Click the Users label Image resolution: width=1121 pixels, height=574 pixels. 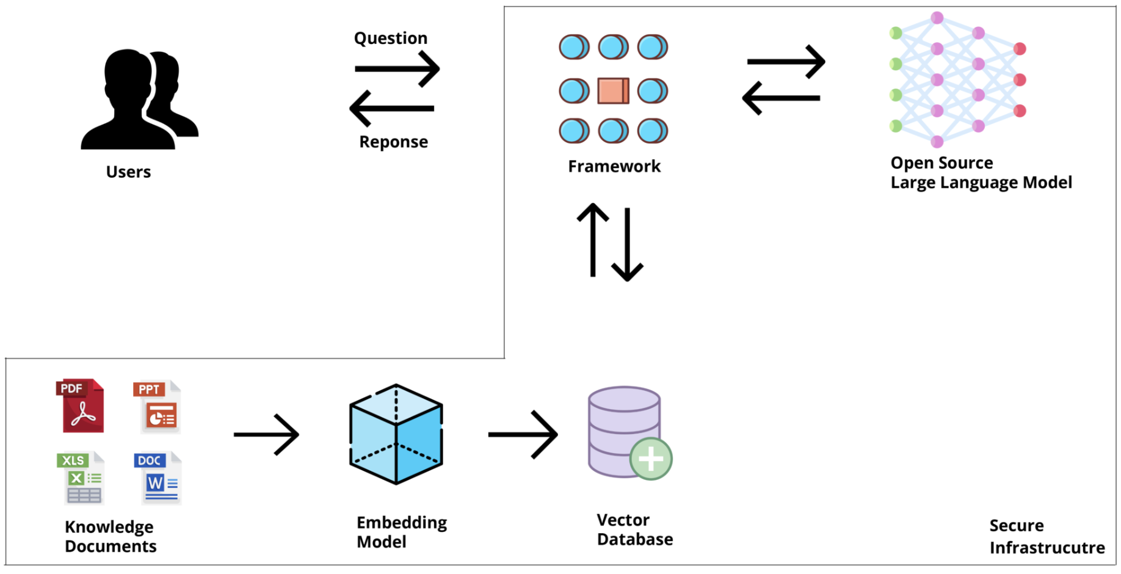point(128,172)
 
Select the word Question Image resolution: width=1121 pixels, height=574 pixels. point(391,38)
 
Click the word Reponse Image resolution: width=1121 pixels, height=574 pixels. point(393,142)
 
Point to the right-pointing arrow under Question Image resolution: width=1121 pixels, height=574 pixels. point(397,68)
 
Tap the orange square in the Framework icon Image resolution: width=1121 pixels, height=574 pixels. point(613,91)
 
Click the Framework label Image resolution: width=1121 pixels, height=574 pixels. point(614,166)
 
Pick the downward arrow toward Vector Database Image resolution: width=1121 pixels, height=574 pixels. point(627,244)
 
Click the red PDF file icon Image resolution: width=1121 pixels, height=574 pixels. point(82,406)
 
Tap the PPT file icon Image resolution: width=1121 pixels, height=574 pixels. point(158,407)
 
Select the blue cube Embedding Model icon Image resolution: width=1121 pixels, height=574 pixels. point(396,434)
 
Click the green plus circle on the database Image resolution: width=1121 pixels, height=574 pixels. point(650,459)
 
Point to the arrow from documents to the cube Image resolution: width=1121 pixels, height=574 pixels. point(266,434)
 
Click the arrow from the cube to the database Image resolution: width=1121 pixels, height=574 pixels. point(523,434)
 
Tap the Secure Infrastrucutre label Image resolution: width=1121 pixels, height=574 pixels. point(1047,536)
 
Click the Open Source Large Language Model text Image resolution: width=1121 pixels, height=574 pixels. point(981,173)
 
